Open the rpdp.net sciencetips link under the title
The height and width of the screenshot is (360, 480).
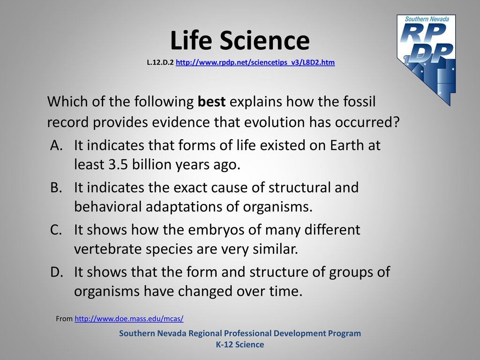point(255,62)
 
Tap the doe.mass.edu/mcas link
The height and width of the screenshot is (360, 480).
point(129,319)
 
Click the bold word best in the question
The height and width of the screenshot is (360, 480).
point(211,102)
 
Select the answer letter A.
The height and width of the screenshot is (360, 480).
point(57,145)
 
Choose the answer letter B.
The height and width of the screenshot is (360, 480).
point(56,187)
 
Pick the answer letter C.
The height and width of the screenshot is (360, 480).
point(56,230)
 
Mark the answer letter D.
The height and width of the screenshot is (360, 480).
point(57,272)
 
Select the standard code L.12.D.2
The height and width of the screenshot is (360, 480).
point(160,62)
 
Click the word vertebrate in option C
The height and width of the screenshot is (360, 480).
point(108,249)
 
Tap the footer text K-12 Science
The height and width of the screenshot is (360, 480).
point(240,345)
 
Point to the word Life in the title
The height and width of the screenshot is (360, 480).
point(191,40)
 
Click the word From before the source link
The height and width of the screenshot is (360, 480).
point(64,319)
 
